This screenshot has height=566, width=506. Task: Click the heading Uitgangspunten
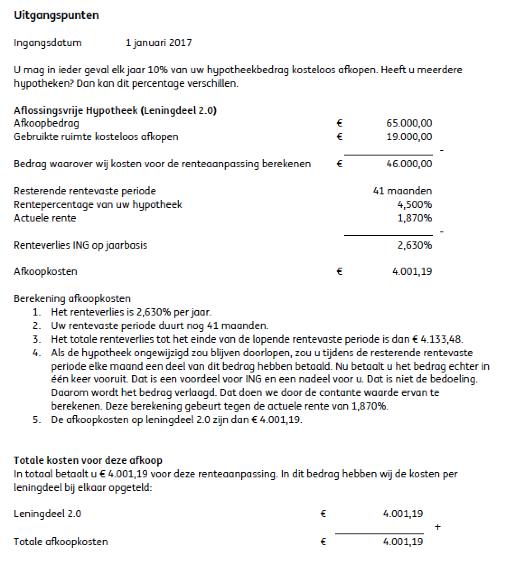56,15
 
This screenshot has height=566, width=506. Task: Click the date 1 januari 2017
159,43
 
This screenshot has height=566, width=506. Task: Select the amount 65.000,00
409,123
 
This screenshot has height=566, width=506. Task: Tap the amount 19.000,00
409,137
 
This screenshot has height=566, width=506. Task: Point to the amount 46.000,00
409,164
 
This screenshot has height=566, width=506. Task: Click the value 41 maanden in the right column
402,191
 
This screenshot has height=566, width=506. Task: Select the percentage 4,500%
414,204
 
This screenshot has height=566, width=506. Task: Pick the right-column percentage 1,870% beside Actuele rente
414,218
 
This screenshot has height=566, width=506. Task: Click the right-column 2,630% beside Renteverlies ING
414,245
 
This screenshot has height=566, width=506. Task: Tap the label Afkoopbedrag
47,123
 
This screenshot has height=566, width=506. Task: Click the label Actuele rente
45,218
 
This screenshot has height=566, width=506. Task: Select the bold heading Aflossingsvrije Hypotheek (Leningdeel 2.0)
115,110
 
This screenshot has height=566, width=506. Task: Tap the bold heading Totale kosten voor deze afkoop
88,461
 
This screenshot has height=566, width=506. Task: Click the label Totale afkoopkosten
61,542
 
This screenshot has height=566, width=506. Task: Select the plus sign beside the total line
437,527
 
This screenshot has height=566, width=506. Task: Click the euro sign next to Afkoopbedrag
340,123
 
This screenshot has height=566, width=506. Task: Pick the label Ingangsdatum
48,43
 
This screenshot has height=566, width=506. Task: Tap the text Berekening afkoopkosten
72,298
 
